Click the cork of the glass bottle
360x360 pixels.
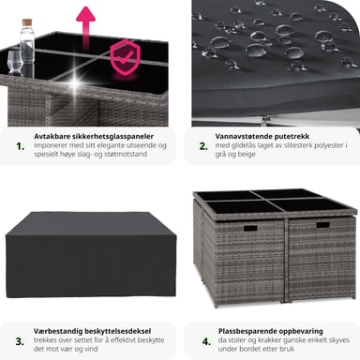[x=26, y=22]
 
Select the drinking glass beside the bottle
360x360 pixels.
[x=15, y=63]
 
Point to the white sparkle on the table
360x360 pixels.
[x=75, y=82]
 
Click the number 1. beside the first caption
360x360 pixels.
[x=21, y=146]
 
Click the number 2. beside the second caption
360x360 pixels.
[x=203, y=146]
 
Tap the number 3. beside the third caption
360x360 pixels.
[x=20, y=341]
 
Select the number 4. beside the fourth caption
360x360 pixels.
[x=206, y=341]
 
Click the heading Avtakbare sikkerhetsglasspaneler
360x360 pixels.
[x=94, y=137]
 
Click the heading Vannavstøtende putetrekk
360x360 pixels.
[x=262, y=137]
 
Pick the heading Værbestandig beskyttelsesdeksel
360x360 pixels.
[x=92, y=331]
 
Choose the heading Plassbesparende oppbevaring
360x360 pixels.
[x=271, y=331]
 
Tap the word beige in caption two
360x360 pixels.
[x=247, y=155]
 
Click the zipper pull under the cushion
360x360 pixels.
[x=265, y=119]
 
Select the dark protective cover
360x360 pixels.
[x=91, y=255]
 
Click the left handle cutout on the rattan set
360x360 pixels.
[x=250, y=229]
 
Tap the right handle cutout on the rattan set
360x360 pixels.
[x=322, y=225]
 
